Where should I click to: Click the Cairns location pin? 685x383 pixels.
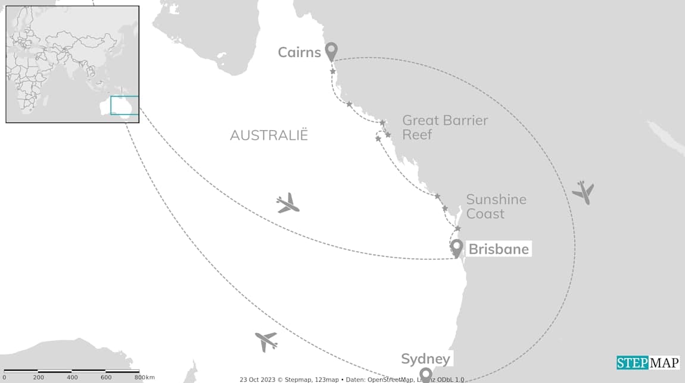(331, 51)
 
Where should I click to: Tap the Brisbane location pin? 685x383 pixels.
(457, 247)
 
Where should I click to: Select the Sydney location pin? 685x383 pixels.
(425, 374)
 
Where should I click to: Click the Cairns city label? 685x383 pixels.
(300, 52)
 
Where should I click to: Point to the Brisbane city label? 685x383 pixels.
(499, 249)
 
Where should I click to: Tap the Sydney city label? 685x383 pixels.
(425, 359)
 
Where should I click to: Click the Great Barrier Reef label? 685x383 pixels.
(445, 127)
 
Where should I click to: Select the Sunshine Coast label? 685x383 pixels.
(496, 206)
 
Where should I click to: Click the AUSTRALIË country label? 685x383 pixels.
(269, 135)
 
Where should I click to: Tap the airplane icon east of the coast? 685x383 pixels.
(583, 192)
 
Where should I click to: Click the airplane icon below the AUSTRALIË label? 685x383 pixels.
(288, 203)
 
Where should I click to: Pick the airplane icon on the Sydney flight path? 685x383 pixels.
(266, 341)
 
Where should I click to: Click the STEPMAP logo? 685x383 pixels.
(647, 363)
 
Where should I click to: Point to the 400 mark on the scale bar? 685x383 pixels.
(72, 377)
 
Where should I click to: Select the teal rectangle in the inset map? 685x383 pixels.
(124, 105)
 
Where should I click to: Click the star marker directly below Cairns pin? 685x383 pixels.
(333, 71)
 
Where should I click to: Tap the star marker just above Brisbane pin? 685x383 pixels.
(457, 228)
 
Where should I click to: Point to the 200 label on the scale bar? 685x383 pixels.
(39, 377)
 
